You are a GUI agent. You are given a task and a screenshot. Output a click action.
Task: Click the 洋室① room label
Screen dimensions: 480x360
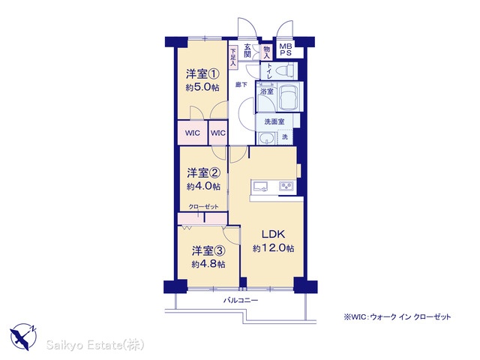(202, 73)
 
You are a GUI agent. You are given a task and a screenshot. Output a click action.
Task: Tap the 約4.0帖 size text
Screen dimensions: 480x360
(203, 187)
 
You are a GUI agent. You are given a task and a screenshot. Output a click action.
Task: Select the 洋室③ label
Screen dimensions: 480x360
(208, 251)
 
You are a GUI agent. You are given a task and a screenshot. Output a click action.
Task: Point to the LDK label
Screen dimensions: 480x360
(273, 234)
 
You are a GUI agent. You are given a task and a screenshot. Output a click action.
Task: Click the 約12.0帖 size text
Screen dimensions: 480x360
(273, 248)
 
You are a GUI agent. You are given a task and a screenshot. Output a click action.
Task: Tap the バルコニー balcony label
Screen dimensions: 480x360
(240, 300)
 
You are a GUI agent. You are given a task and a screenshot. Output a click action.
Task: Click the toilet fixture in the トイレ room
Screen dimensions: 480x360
(284, 71)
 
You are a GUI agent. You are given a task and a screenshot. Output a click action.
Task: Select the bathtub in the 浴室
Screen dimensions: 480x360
(289, 96)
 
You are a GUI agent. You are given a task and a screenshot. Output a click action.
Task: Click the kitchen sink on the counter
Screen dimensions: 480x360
(259, 186)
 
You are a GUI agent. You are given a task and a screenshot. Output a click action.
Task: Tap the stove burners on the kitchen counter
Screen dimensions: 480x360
(286, 186)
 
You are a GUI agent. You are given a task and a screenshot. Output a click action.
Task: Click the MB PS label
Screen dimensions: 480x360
(286, 49)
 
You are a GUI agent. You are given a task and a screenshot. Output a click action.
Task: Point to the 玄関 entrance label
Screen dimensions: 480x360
(247, 51)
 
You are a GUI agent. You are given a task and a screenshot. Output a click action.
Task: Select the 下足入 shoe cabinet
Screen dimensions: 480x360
(233, 57)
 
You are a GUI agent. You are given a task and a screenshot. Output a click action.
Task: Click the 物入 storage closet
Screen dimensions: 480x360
(267, 52)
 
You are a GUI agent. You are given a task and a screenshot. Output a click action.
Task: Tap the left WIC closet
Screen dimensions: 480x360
(193, 133)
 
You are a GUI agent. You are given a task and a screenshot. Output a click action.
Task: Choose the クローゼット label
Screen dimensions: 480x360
(203, 207)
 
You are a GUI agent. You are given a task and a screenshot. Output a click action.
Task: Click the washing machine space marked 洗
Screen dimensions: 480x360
(285, 136)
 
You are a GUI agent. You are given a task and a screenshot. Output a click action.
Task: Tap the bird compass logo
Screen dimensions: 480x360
(23, 337)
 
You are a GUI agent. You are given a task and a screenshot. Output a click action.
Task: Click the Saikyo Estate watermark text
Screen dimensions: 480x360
(95, 345)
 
